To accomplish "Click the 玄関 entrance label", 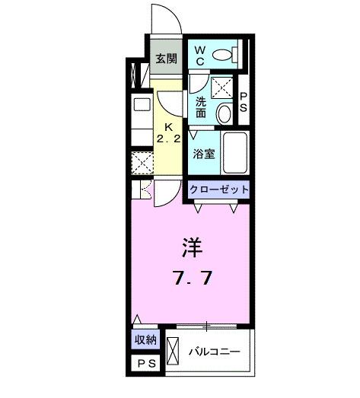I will pyautogui.click(x=166, y=59).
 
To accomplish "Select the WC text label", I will pyautogui.click(x=200, y=53).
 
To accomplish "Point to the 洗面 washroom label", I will pyautogui.click(x=201, y=107).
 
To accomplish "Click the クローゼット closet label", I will pyautogui.click(x=218, y=189).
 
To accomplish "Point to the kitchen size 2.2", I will pyautogui.click(x=168, y=139).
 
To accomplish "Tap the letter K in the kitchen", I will pyautogui.click(x=170, y=126).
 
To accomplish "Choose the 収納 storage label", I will pyautogui.click(x=146, y=341).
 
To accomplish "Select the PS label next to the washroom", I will pyautogui.click(x=244, y=103).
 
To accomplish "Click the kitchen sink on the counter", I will pyautogui.click(x=142, y=106).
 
